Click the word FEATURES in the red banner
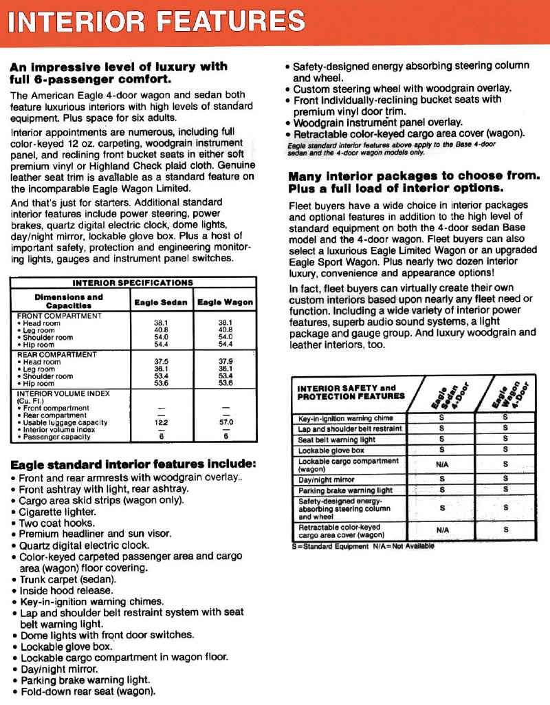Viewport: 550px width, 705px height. click(x=231, y=21)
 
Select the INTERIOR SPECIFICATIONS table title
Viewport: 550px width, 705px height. click(x=133, y=283)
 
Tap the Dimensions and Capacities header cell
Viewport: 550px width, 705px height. click(x=69, y=301)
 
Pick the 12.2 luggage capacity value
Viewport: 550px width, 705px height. click(x=160, y=422)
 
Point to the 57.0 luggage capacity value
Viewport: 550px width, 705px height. click(x=225, y=422)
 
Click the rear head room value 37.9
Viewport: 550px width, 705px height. click(x=225, y=362)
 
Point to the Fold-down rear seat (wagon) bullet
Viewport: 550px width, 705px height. click(x=87, y=691)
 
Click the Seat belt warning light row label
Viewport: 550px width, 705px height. click(x=337, y=440)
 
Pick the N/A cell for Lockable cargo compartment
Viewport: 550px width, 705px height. click(x=442, y=464)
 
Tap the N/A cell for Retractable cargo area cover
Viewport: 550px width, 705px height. click(x=442, y=530)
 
